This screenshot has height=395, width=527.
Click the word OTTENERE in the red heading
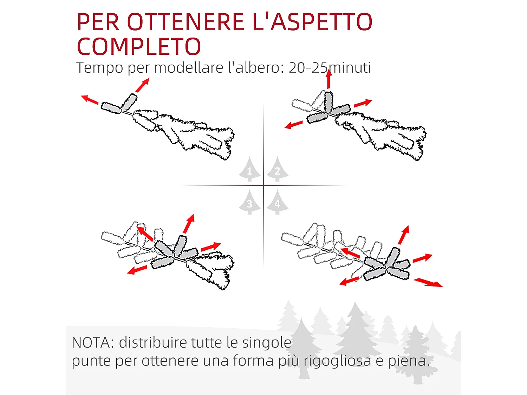coord(186,22)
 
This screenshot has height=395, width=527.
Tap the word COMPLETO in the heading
coord(139,47)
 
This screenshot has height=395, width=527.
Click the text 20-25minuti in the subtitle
coord(330,67)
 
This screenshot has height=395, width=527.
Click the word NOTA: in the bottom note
coord(93,343)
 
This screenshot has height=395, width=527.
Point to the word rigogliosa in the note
coord(337,361)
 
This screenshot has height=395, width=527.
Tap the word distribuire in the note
coord(152,343)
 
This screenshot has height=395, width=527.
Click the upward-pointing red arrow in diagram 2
coord(329,79)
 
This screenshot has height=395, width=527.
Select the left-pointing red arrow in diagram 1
coord(90,100)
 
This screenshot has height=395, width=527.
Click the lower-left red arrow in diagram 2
coord(293,125)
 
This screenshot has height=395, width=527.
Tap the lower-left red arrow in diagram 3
coord(137,270)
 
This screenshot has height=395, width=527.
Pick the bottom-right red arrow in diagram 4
coord(428,283)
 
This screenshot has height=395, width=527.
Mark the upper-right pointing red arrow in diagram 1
coord(143,85)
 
